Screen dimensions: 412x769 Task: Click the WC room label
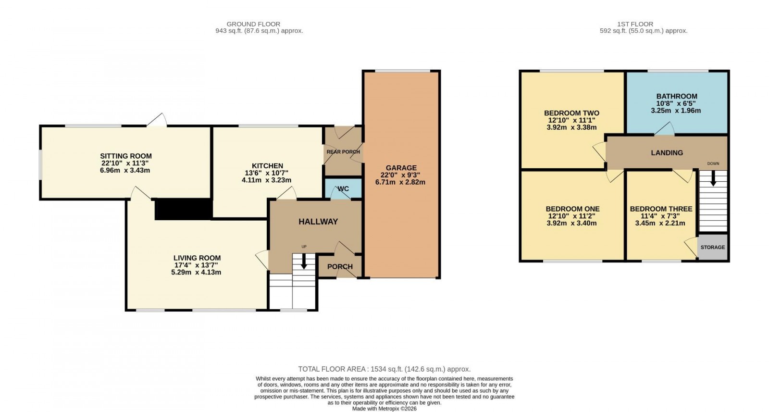click(x=343, y=189)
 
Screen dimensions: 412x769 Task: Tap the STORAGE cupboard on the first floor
click(x=712, y=248)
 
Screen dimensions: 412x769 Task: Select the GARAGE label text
click(x=401, y=168)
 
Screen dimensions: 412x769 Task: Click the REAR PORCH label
click(x=343, y=152)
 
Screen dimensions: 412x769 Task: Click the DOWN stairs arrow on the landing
click(x=713, y=179)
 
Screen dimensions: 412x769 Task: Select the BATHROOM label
click(x=676, y=96)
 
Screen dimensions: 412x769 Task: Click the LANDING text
click(x=667, y=153)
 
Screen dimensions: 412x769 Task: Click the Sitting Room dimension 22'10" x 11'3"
click(x=126, y=163)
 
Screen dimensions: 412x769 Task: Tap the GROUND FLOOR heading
click(x=253, y=24)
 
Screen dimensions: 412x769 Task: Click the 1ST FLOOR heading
click(x=635, y=24)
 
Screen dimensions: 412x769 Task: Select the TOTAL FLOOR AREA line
click(x=384, y=369)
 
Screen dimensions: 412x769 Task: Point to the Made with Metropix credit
click(x=384, y=409)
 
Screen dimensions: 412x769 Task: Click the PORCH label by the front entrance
click(x=340, y=267)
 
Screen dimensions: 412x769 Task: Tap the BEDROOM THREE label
click(x=661, y=209)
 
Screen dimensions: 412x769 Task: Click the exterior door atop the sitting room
click(x=157, y=121)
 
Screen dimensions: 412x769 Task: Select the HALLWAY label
click(x=318, y=222)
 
